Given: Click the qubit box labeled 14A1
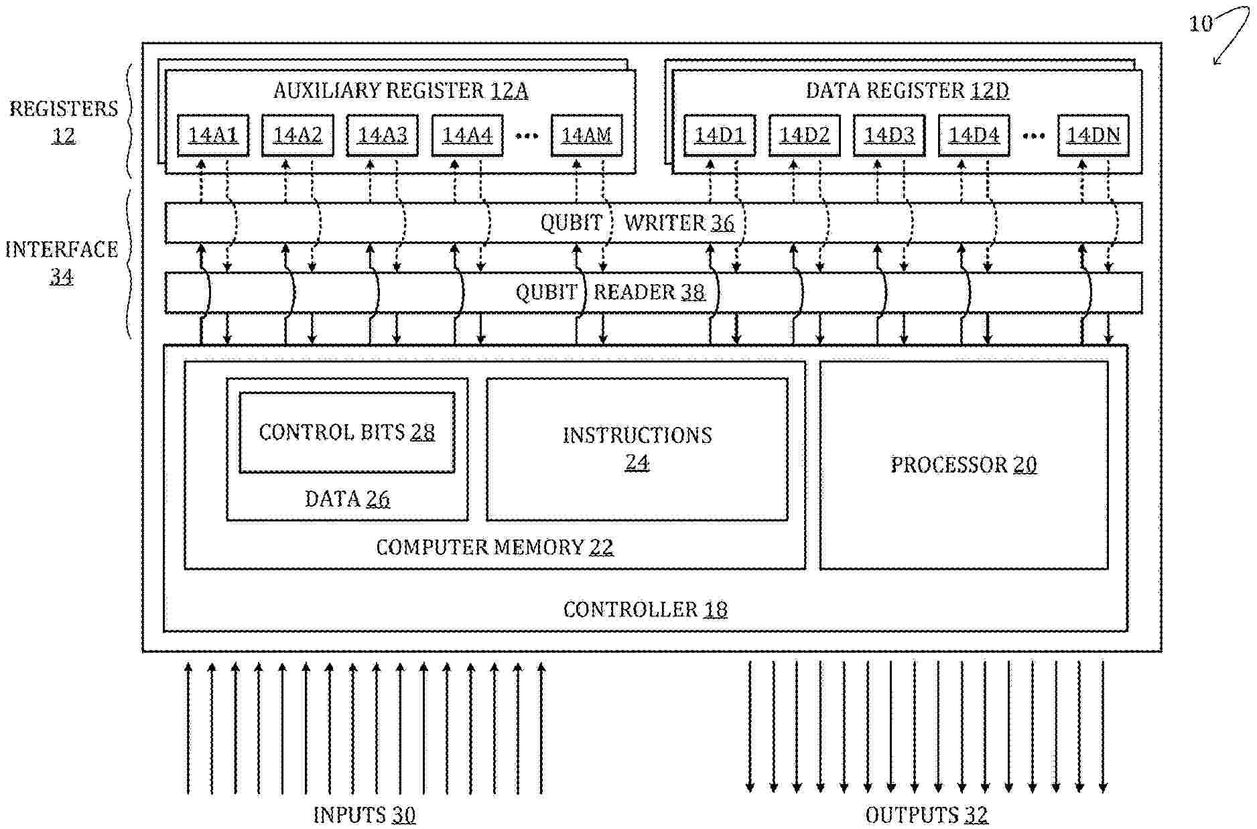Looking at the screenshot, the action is pos(213,135).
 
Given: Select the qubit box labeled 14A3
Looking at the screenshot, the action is pos(382,135).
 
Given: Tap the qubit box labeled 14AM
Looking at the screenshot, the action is pos(586,135).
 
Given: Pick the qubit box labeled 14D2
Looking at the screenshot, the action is pos(804,135).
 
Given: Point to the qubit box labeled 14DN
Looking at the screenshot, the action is pos(1094,135).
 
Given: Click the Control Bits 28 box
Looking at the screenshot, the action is pos(347,432).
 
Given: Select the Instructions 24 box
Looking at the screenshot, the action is pos(637,449).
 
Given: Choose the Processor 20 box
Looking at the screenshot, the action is pos(964,465).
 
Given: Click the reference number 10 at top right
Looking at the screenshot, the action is pos(1201,24).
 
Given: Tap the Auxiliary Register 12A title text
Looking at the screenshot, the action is pos(401,90).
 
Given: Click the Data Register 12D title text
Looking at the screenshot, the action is pos(907,90).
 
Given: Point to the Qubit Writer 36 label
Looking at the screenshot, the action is pos(637,222).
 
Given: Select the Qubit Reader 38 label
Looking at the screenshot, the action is pos(610,292).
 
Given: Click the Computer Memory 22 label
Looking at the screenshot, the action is pos(494,548).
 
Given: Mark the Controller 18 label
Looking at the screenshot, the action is pos(645,609).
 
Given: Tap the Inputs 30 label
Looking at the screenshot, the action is pos(365,815).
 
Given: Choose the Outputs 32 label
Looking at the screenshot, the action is pos(927,815).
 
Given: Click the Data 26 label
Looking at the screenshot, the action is pos(347,499).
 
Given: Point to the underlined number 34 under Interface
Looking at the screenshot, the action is pos(61,276).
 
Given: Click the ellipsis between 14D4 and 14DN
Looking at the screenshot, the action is pos(1033,136).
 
